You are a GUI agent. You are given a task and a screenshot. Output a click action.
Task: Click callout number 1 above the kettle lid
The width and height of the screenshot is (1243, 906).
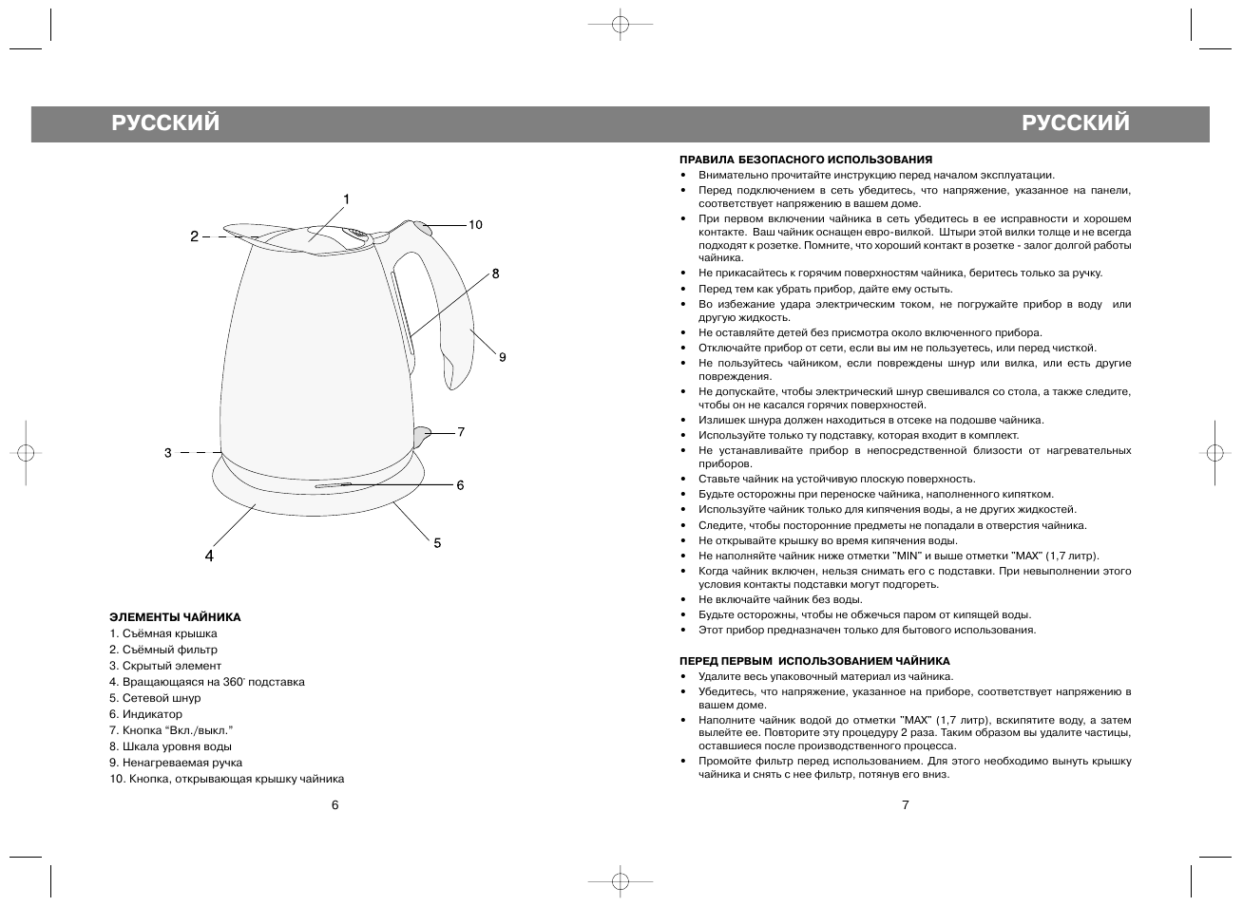347,199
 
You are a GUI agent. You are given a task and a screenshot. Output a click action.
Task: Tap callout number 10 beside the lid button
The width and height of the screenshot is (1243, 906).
475,225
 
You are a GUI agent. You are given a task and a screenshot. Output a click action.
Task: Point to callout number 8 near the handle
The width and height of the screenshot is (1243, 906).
495,274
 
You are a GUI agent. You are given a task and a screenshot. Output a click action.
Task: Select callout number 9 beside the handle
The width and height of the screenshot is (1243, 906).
502,357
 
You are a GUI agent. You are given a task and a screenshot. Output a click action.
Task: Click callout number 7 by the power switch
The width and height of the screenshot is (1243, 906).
461,431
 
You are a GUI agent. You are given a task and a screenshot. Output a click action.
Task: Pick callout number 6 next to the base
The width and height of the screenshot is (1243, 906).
460,485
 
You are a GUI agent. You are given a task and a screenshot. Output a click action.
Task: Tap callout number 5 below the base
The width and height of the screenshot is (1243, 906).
437,543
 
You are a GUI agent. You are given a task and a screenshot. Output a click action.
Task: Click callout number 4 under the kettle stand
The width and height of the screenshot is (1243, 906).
209,557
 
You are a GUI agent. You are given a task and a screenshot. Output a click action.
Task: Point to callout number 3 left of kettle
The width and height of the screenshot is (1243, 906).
168,453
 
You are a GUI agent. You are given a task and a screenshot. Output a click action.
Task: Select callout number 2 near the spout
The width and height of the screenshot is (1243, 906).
194,236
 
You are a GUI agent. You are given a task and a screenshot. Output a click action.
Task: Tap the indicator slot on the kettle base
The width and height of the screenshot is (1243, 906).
334,485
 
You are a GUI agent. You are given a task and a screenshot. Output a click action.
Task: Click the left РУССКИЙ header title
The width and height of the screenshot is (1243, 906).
164,123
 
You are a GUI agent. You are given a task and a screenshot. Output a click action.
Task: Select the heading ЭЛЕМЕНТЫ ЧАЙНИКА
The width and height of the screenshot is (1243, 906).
175,617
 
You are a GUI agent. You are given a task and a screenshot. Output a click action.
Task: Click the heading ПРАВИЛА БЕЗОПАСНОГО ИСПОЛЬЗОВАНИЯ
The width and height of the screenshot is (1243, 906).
806,160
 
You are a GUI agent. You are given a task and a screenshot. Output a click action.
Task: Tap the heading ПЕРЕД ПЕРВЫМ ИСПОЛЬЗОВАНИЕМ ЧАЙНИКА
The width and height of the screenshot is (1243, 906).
814,661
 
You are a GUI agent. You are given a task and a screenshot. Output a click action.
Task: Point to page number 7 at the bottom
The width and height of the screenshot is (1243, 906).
906,805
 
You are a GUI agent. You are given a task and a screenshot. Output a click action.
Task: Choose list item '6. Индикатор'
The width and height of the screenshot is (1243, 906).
145,714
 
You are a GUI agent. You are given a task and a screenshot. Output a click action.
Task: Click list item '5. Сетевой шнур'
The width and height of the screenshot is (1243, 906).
155,698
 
